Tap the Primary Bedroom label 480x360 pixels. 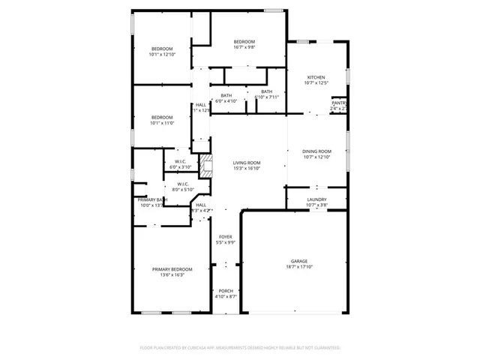172,269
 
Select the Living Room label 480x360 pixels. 246,163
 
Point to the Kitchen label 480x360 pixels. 316,78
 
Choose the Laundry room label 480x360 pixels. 317,199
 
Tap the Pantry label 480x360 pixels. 339,103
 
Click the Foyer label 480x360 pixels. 226,237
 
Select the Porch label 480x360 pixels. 226,291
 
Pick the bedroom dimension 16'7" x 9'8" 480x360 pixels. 244,47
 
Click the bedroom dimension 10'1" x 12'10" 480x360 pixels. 162,55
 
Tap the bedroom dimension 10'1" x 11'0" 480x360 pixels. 162,123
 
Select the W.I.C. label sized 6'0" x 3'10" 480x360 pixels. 181,166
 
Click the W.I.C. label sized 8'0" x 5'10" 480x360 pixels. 183,189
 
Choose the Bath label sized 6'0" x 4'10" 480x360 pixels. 226,100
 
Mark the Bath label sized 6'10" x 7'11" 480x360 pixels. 267,97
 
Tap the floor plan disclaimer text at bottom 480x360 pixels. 240,348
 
